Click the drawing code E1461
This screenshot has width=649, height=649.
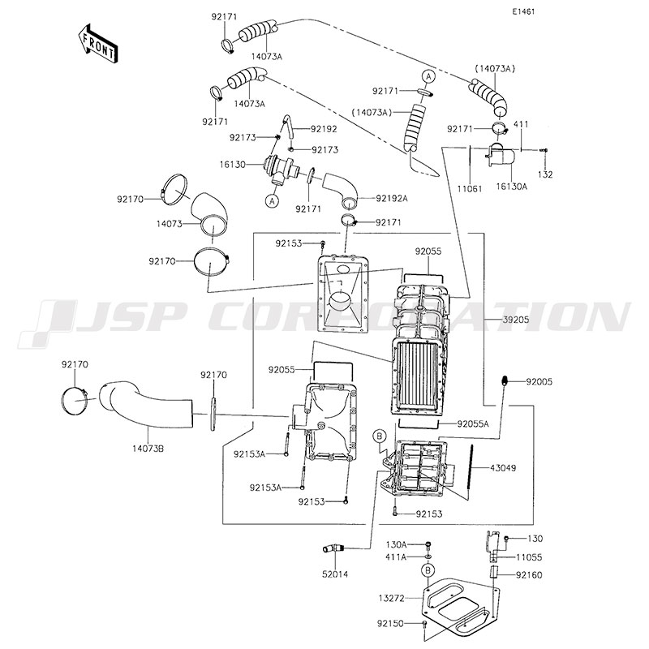(527, 12)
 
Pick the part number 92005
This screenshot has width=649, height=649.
(539, 380)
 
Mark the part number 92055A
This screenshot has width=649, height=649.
(473, 423)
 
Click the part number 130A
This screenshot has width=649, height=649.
(396, 544)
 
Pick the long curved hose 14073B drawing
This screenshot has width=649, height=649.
(146, 406)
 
